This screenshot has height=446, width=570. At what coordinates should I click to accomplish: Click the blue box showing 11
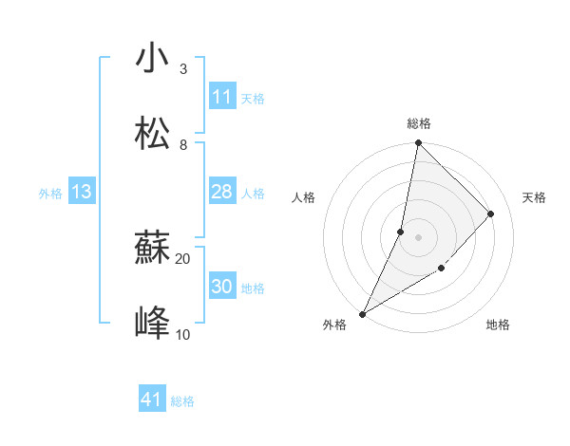(222, 97)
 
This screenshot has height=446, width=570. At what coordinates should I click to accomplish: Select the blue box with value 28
(222, 193)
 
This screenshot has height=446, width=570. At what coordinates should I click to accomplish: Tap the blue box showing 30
(222, 288)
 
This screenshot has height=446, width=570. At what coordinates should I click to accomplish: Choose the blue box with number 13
(82, 193)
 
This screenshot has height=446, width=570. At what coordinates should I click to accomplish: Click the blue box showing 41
(152, 400)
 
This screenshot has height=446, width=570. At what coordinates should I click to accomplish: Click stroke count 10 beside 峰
(183, 334)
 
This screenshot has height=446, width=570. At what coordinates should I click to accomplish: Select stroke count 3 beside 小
(183, 68)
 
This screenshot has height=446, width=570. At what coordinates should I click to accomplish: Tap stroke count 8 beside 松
(183, 144)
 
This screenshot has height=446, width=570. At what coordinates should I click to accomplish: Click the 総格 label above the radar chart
(419, 123)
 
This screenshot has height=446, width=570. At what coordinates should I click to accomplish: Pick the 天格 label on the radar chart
(534, 197)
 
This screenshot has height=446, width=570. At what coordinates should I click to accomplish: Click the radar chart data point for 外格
(362, 313)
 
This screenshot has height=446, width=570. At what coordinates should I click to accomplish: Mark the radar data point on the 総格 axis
(418, 144)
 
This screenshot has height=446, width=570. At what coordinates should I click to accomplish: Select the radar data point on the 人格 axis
(401, 232)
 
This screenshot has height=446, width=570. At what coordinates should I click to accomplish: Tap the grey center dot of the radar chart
(418, 237)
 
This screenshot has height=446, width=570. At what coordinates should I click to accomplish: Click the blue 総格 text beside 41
(182, 401)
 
